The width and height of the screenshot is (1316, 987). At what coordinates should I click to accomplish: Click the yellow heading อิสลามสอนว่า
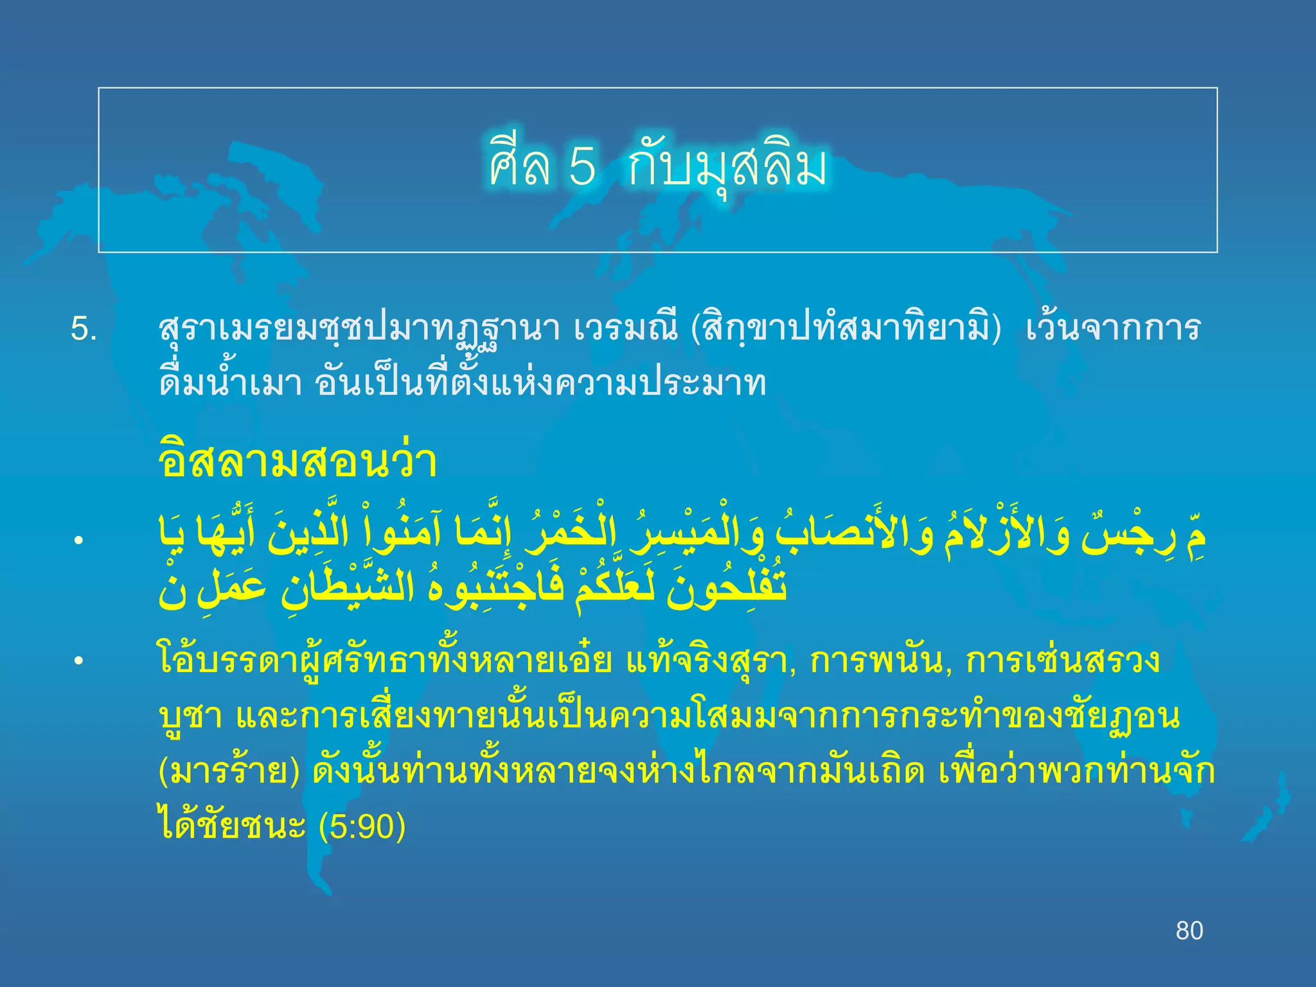298,460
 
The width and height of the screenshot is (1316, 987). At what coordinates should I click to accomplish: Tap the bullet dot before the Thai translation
78,661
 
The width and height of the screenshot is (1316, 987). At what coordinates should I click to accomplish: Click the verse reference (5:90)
362,826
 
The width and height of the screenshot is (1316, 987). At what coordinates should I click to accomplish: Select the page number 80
1189,930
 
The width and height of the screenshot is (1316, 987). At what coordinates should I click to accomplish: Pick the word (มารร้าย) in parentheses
229,772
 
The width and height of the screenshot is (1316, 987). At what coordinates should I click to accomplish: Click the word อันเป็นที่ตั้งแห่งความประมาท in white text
540,384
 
